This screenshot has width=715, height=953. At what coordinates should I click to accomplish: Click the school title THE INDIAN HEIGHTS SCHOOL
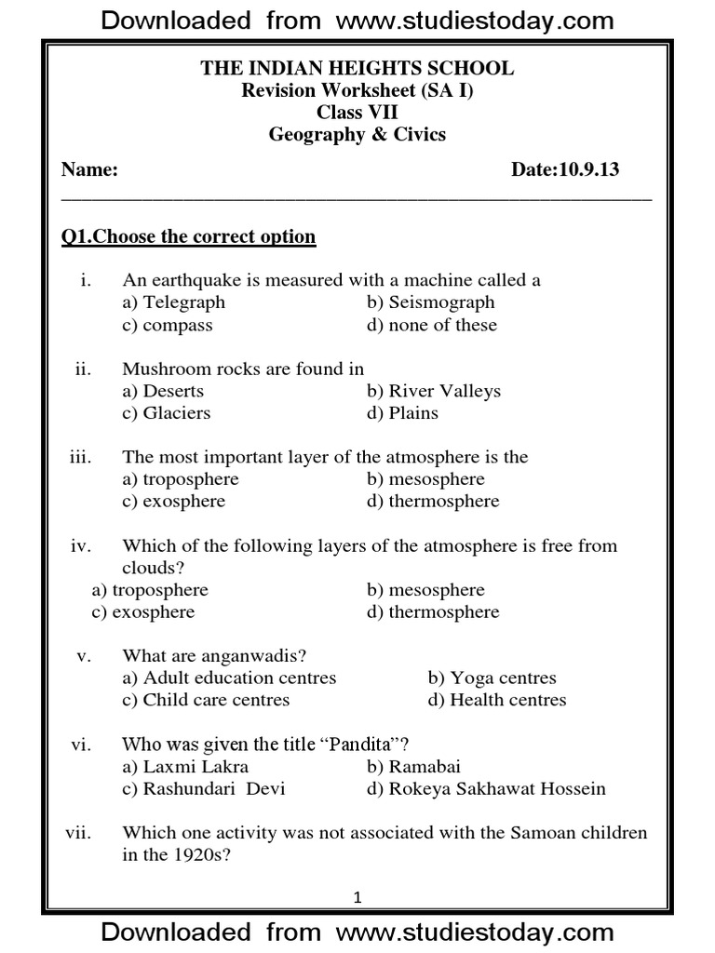pyautogui.click(x=357, y=69)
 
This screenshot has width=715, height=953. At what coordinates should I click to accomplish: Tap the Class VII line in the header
pyautogui.click(x=357, y=113)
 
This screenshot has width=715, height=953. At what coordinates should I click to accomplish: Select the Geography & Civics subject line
pyautogui.click(x=357, y=135)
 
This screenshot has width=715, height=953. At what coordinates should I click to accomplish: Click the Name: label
pyautogui.click(x=89, y=170)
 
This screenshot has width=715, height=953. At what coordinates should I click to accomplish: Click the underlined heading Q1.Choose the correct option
pyautogui.click(x=188, y=236)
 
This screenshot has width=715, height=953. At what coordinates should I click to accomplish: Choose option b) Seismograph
pyautogui.click(x=430, y=302)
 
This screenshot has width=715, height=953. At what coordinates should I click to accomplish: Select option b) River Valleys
pyautogui.click(x=433, y=391)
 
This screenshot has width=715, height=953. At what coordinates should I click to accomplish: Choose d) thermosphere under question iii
pyautogui.click(x=433, y=502)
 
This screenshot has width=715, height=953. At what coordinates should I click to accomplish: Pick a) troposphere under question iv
pyautogui.click(x=150, y=590)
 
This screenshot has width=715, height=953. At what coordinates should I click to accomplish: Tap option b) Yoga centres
pyautogui.click(x=492, y=678)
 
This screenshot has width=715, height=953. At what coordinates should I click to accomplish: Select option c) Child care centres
pyautogui.click(x=206, y=700)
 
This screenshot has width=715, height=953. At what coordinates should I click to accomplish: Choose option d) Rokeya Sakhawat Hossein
pyautogui.click(x=486, y=789)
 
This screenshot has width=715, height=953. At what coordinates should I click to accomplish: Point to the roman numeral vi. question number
pyautogui.click(x=80, y=745)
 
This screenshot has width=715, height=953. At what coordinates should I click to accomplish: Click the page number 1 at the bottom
pyautogui.click(x=357, y=898)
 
